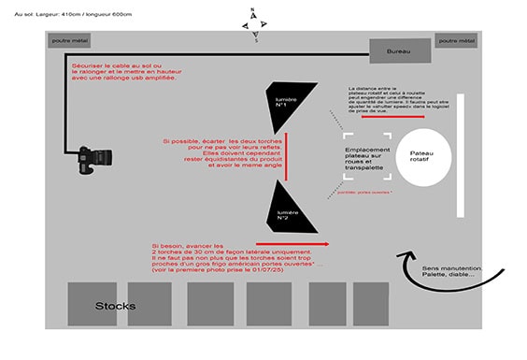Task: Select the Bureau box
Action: (x=399, y=53)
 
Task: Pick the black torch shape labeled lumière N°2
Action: (x=285, y=209)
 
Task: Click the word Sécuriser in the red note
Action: (x=89, y=67)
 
